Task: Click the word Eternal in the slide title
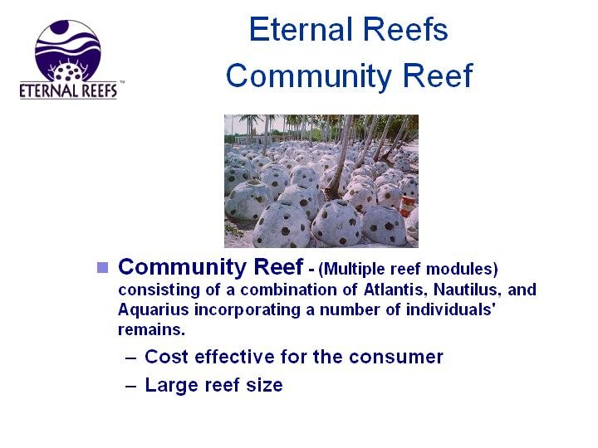301,29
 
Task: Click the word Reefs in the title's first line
405,29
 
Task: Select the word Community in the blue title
309,75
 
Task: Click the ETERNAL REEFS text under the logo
68,91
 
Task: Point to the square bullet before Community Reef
103,267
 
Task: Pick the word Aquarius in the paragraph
154,309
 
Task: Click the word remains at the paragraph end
152,330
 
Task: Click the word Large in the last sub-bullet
171,386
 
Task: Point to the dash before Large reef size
131,387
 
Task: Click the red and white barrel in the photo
406,206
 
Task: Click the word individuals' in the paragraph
451,309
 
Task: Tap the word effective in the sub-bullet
234,357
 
